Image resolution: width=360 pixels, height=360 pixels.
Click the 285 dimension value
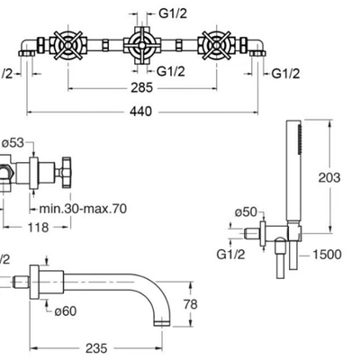141,88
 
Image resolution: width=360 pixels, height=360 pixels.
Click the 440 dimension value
140,112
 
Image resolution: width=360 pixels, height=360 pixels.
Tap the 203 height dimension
329,177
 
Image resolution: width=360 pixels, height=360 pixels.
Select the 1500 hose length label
328,255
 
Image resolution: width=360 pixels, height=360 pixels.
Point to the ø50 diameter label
247,212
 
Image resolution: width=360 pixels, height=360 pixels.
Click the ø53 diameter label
13,143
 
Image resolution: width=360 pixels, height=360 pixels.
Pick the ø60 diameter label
66,311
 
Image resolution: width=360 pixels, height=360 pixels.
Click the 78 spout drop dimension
191,304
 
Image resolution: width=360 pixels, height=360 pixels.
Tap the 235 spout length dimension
96,348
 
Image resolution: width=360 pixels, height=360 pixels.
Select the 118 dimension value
38,228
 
